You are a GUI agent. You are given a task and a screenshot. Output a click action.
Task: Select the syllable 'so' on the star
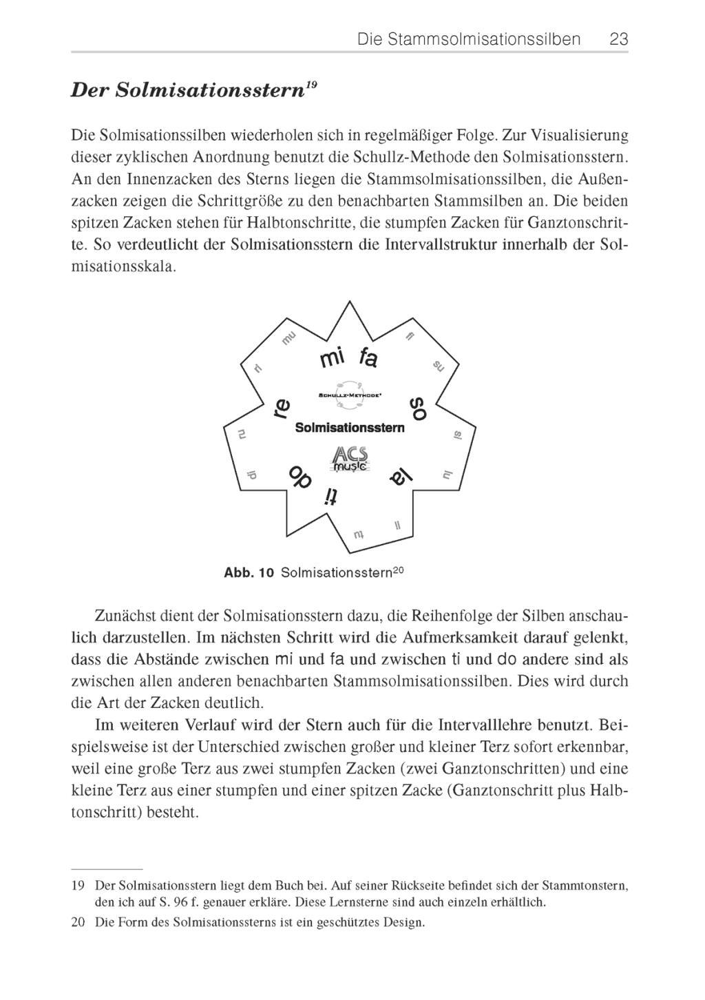[x=418, y=408]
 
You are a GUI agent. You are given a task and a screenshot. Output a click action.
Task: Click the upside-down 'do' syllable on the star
[x=299, y=475]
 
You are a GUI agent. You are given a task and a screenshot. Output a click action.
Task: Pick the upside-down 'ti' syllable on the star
[x=332, y=497]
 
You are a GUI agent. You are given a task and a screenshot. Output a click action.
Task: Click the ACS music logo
[x=350, y=459]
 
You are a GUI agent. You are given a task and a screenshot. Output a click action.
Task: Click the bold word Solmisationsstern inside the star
[x=350, y=428]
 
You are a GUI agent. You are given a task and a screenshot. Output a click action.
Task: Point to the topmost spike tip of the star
[x=350, y=302]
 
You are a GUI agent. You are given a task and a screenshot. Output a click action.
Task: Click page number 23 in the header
[x=618, y=39]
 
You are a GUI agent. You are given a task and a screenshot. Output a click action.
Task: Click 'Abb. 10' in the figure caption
[x=249, y=573]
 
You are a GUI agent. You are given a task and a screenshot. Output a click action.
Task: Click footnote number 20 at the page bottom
[x=78, y=921]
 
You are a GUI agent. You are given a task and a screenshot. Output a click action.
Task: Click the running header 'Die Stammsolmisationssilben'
[x=469, y=39]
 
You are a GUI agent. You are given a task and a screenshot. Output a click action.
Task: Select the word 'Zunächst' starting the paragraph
[x=122, y=615]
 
